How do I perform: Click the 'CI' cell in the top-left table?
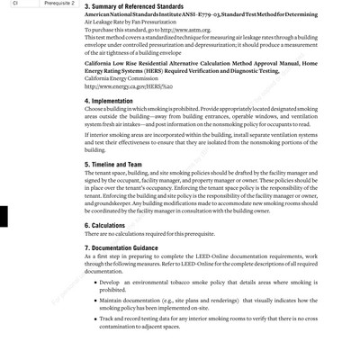tap(11, 3)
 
